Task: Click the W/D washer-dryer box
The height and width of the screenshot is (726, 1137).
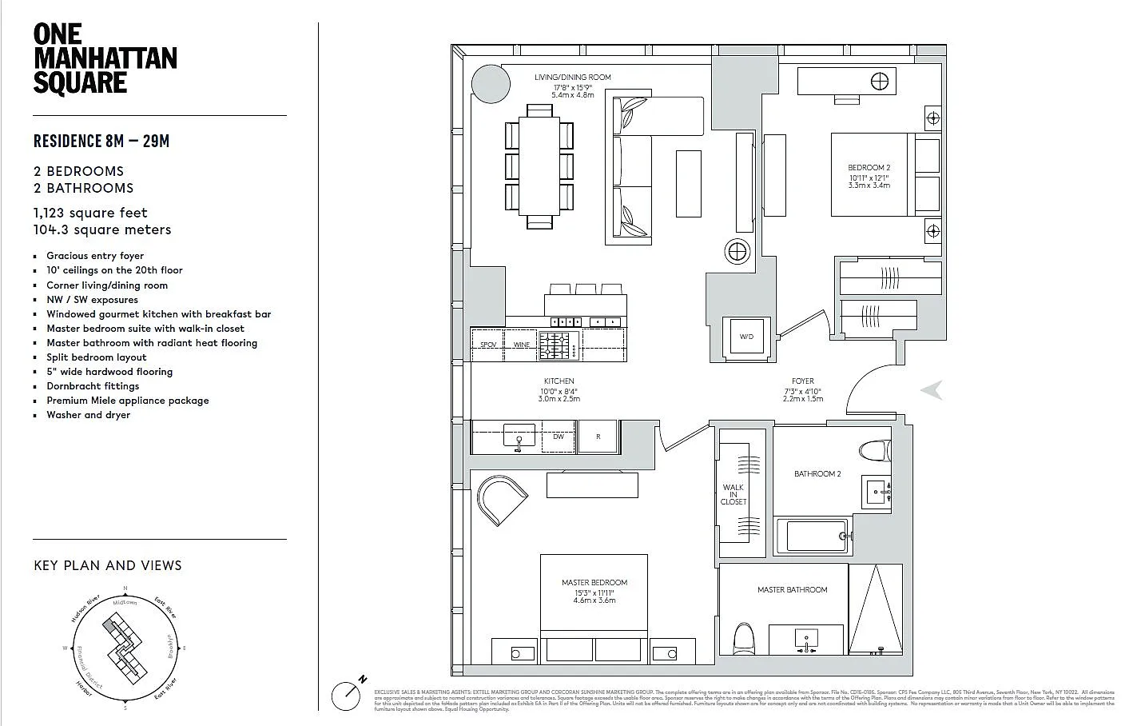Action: (746, 337)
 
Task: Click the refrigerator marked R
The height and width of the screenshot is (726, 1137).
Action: (598, 437)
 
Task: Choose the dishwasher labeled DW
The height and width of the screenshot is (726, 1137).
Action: (559, 437)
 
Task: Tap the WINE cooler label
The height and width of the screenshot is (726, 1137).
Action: (522, 345)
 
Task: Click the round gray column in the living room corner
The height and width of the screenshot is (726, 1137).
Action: (490, 83)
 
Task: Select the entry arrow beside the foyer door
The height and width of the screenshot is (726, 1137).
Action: (932, 390)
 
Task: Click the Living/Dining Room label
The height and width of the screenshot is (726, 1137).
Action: (572, 78)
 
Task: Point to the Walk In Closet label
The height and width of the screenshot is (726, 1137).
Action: (733, 494)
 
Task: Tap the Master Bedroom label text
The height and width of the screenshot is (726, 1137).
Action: (594, 583)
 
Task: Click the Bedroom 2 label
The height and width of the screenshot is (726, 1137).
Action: (869, 168)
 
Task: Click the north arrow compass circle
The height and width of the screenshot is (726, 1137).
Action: (346, 696)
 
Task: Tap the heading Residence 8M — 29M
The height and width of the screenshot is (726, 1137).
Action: (101, 142)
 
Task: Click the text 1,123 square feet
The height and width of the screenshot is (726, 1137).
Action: (90, 213)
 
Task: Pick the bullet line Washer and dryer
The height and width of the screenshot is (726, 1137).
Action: (88, 415)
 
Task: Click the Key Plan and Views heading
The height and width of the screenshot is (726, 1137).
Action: (108, 565)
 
